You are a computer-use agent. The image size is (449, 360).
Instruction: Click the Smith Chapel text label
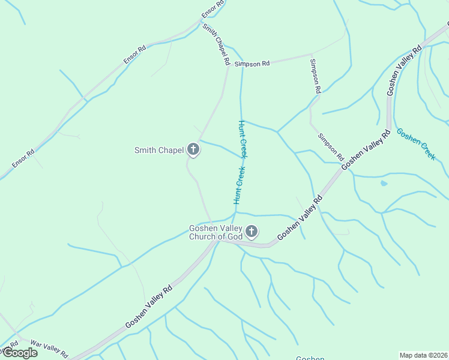[159, 150]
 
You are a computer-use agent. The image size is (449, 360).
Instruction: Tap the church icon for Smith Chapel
[193, 149]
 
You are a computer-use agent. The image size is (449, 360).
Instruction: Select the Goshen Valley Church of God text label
[215, 232]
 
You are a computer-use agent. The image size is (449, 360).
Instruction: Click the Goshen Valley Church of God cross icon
[252, 231]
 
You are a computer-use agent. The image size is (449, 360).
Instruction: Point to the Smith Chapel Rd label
[216, 44]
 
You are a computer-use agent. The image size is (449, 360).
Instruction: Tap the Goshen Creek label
[416, 144]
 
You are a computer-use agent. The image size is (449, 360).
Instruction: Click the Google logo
[19, 353]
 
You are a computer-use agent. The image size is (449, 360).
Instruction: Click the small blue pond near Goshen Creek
[384, 183]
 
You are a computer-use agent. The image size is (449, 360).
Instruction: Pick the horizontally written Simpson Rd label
[252, 63]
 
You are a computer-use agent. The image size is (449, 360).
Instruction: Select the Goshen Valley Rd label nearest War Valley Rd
[149, 307]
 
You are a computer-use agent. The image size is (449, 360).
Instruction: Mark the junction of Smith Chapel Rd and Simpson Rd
[228, 66]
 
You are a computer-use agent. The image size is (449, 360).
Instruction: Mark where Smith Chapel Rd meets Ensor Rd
[202, 22]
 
